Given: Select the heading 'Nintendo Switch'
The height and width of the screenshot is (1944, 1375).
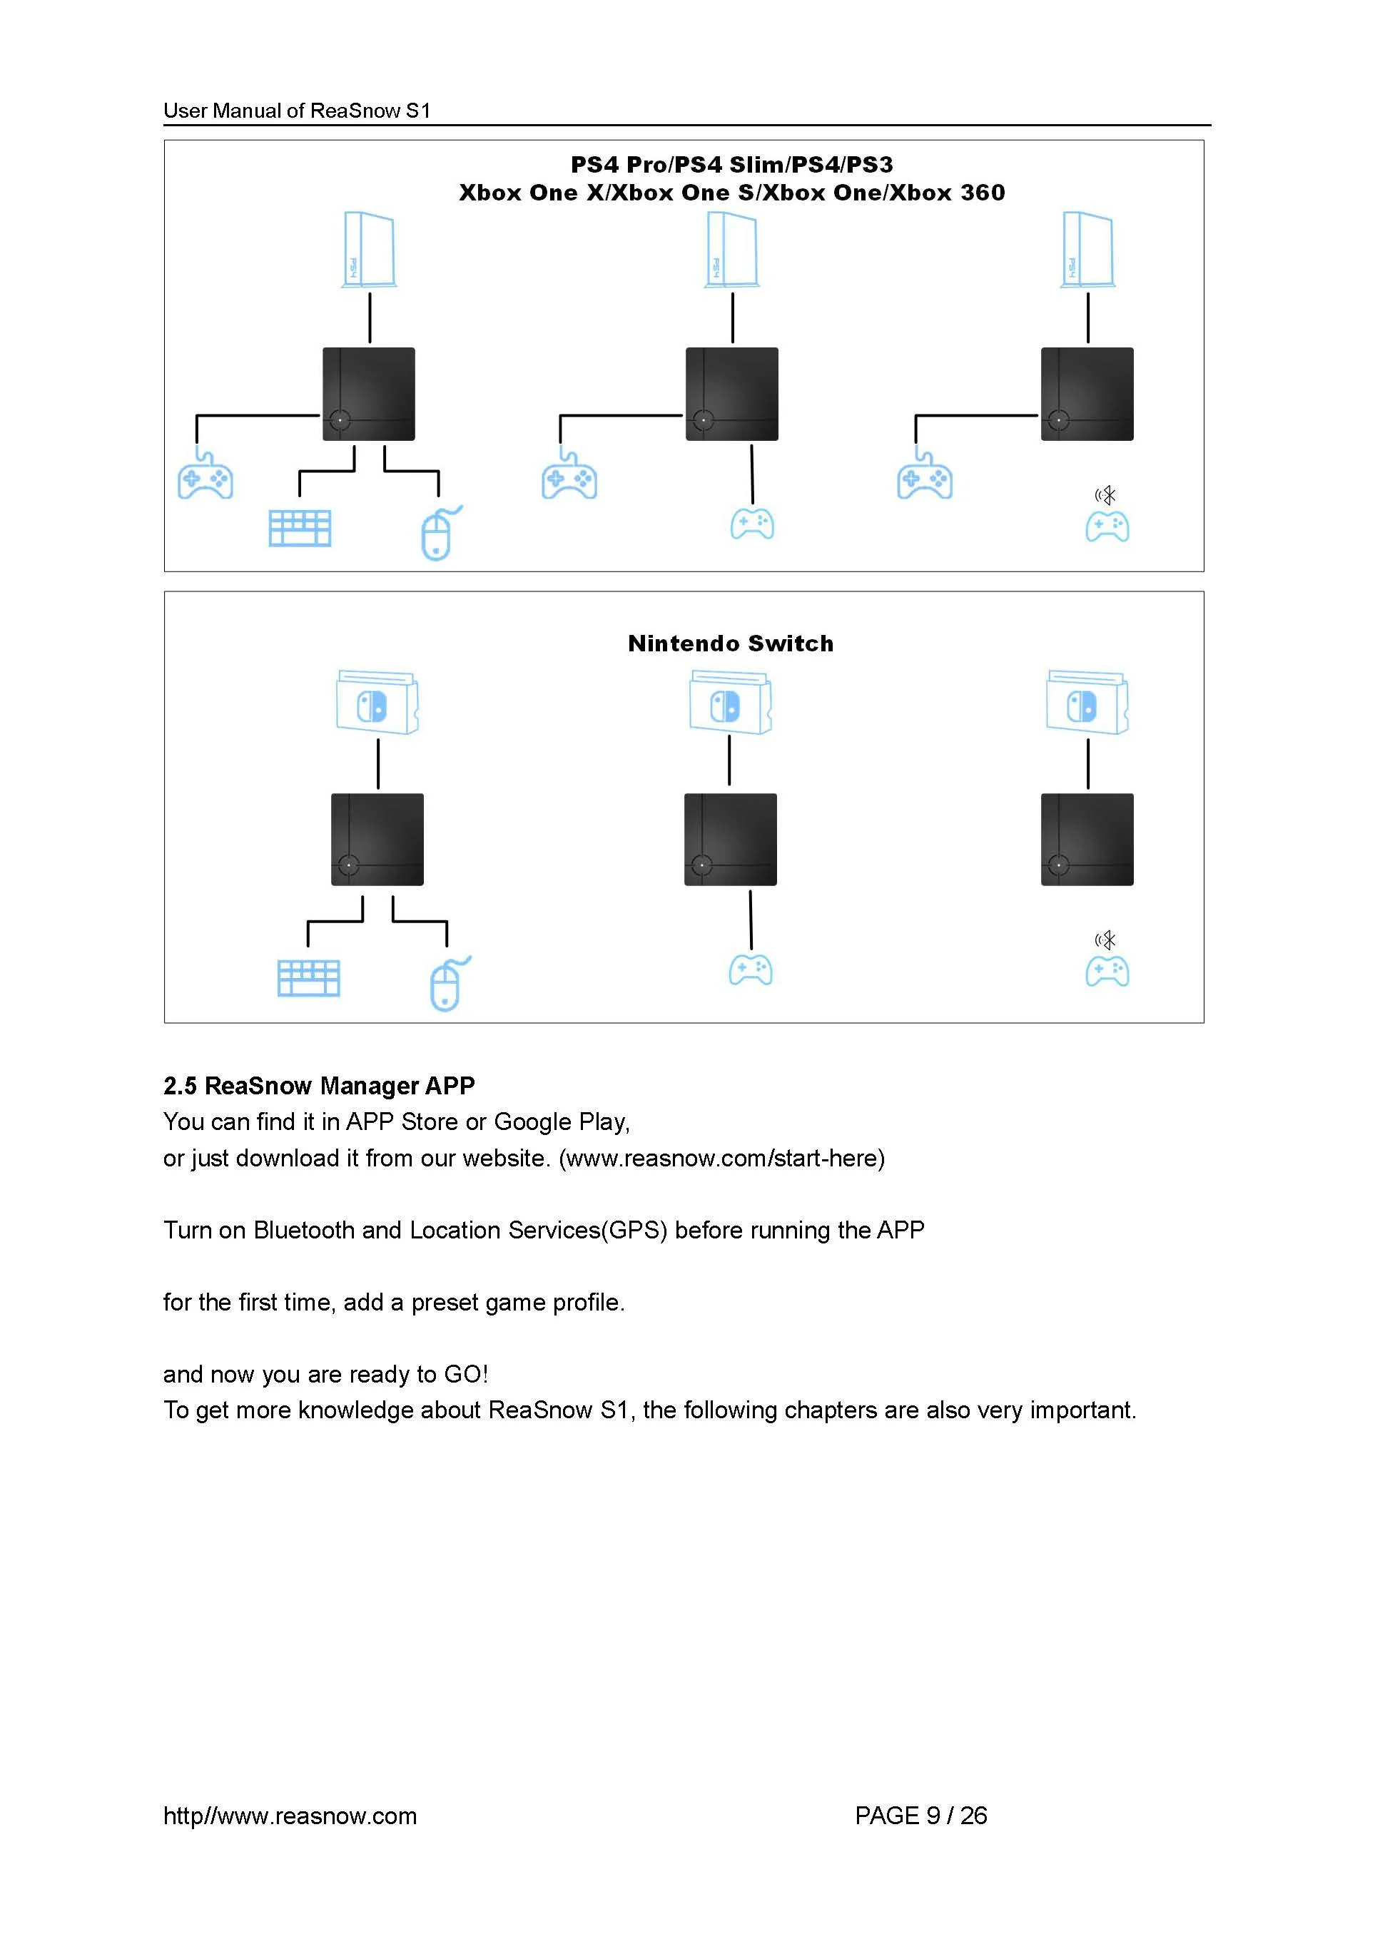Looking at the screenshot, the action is (731, 643).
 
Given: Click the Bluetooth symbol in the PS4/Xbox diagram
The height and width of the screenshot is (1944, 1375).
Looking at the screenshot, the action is (1106, 494).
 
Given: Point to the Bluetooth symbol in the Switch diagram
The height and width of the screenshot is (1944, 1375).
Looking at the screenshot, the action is (1106, 940).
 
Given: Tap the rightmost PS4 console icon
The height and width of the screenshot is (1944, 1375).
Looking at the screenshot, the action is (1088, 250).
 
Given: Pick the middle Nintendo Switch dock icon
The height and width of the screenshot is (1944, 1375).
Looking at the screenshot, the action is (730, 702).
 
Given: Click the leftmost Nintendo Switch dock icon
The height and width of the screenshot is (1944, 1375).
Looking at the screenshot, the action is (377, 702).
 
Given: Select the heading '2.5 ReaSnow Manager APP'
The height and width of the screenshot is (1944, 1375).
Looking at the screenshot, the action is (319, 1086).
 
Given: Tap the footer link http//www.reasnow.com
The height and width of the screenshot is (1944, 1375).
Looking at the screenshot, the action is (290, 1816).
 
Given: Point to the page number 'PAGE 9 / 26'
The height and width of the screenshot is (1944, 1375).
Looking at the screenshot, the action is (921, 1816).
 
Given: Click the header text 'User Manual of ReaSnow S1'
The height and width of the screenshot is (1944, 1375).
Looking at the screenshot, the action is (297, 111).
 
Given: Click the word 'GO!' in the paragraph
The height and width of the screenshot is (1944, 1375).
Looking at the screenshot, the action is (467, 1374).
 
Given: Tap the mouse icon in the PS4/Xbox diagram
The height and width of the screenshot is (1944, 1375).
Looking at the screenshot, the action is (440, 533).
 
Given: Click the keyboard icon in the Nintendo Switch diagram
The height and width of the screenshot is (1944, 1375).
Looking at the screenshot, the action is (309, 978).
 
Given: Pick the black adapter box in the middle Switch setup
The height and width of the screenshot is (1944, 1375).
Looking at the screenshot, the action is (731, 839).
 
